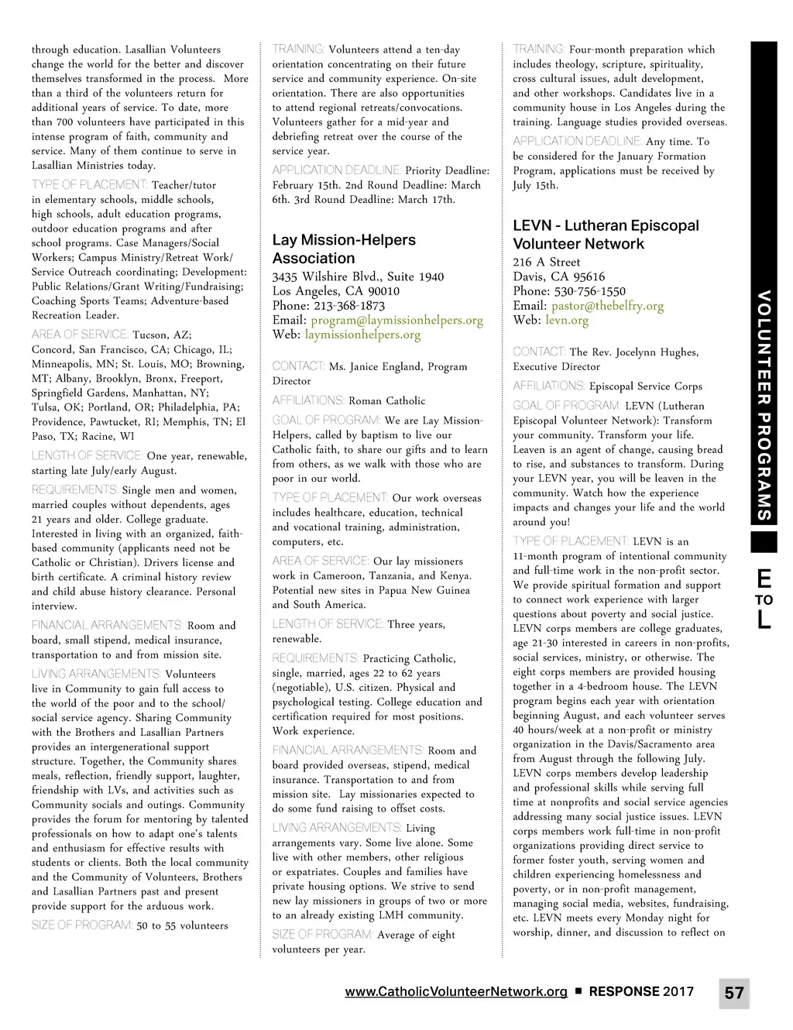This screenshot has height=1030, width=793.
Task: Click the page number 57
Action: (x=734, y=993)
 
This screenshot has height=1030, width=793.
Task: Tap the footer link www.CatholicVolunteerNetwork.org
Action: (x=456, y=991)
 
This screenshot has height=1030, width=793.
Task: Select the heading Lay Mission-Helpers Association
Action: (x=344, y=249)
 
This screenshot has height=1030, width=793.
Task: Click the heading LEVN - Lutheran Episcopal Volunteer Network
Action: (x=606, y=235)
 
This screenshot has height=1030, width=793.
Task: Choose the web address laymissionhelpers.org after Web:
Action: (x=362, y=335)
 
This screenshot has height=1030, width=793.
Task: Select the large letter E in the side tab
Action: (x=764, y=579)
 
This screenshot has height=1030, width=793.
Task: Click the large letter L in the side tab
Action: (x=764, y=620)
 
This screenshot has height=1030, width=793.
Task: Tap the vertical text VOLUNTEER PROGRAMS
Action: (x=764, y=405)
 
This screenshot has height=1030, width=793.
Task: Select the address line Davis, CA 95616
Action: (x=558, y=276)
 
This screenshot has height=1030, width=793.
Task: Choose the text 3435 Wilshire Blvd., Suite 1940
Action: (x=358, y=276)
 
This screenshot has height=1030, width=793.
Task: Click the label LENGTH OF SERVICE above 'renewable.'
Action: (x=327, y=624)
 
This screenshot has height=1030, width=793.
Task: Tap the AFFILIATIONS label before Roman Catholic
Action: (x=307, y=400)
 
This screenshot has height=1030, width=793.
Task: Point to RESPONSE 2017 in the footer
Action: (x=641, y=991)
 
